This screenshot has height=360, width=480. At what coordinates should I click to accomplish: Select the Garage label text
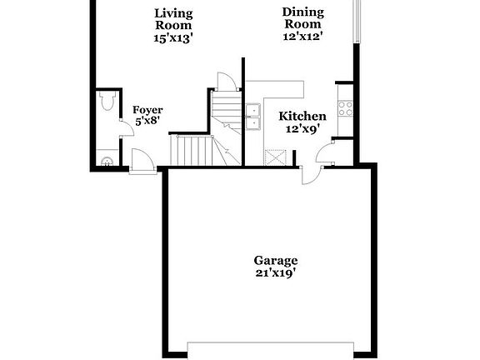[275, 260]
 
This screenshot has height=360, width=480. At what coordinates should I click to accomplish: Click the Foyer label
[147, 110]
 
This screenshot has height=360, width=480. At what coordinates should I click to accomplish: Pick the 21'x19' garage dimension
[275, 272]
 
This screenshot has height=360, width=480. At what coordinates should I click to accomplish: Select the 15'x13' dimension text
[173, 38]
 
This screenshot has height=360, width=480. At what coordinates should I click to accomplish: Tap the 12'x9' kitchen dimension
[302, 129]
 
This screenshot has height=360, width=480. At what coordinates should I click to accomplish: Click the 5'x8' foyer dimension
[147, 122]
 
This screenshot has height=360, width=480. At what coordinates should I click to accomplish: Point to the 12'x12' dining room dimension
[302, 36]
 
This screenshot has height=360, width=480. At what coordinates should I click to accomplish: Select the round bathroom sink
[106, 160]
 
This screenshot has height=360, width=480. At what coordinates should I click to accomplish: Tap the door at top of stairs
[226, 81]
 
